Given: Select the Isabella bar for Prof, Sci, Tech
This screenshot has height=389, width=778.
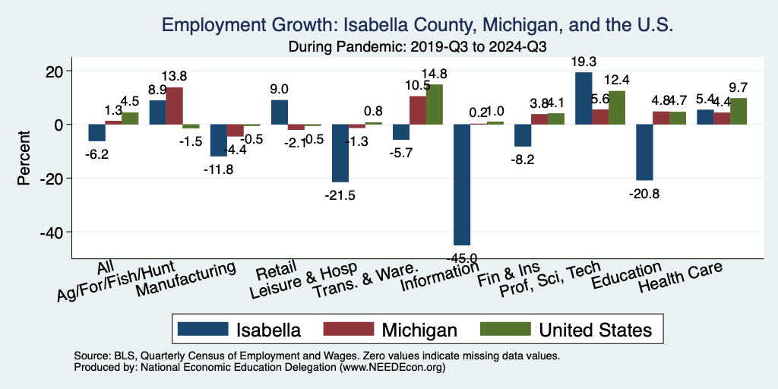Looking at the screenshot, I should (x=583, y=98).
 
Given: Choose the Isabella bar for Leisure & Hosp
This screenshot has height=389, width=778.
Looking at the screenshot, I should (x=340, y=153).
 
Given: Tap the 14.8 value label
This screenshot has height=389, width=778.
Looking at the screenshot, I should (x=434, y=74).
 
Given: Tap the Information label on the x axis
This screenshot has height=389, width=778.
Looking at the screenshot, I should (x=439, y=282).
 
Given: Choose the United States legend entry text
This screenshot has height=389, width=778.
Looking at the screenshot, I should (x=595, y=330).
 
